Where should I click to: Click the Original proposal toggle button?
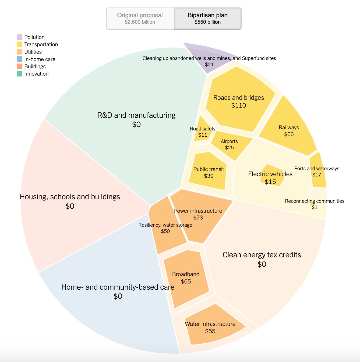point(140,18)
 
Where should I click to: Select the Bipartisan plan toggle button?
point(207,18)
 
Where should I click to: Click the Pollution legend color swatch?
point(19,37)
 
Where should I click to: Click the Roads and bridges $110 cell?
point(239,101)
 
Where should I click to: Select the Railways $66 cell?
point(289,131)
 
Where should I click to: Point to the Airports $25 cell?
point(229,144)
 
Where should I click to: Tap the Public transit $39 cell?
point(209,172)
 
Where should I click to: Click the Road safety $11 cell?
point(203,132)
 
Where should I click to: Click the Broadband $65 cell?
point(186,278)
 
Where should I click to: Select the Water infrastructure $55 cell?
point(210,327)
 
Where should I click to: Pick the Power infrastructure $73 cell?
point(198,214)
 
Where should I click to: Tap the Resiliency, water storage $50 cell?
point(165,228)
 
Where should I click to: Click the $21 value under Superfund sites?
point(209,64)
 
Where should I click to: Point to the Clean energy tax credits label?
point(262,255)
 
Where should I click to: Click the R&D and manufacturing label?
point(136,115)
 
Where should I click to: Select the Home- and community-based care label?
point(118,287)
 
